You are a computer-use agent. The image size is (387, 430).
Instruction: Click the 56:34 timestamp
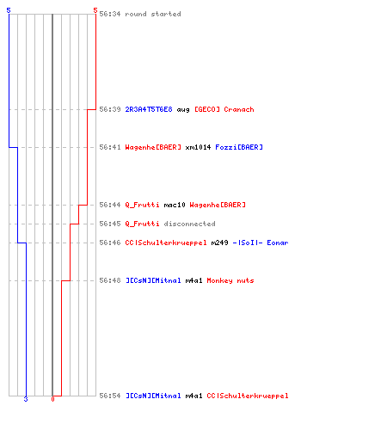tap(110, 14)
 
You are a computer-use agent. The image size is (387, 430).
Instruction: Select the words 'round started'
tap(153, 14)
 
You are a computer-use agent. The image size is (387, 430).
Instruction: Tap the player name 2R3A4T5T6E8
tap(149, 109)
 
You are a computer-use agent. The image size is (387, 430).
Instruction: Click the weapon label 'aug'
tap(183, 110)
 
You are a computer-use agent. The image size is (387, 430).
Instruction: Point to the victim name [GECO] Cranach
tap(224, 109)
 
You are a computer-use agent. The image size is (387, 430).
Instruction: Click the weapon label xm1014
tap(198, 147)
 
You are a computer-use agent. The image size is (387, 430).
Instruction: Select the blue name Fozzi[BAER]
tap(239, 147)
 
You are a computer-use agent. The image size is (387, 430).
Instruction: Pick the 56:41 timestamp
tap(110, 147)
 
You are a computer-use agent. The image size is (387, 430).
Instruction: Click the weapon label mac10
tap(175, 205)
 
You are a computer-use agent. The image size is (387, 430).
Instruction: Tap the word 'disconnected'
tap(189, 224)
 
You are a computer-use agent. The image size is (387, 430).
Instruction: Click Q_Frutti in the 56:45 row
tap(142, 224)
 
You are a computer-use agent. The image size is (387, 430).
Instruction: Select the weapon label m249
tap(219, 243)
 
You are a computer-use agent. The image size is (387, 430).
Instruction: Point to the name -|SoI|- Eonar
tap(261, 243)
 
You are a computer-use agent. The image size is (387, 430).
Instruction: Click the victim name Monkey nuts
tap(230, 280)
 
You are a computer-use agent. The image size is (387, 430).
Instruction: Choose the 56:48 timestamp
tap(110, 280)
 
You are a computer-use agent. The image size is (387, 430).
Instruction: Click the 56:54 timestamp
tap(110, 396)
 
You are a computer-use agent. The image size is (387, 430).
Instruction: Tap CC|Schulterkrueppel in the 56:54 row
tap(248, 396)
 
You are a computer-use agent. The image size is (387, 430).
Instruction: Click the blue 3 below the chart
tap(26, 399)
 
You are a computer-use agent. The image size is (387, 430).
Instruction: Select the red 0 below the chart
tap(52, 399)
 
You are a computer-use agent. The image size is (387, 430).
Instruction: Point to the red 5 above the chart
tap(95, 10)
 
